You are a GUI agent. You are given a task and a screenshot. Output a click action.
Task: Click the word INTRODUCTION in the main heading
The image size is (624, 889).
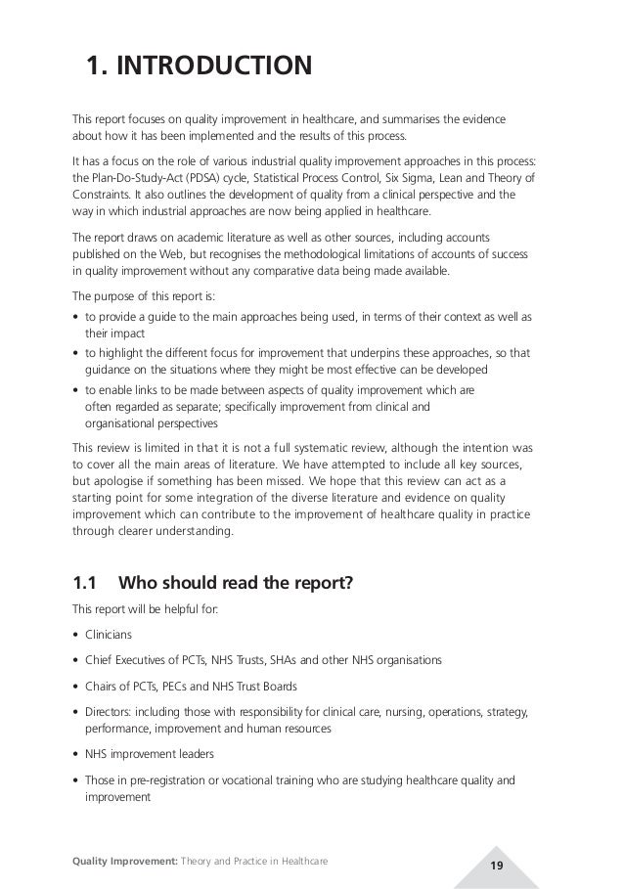point(214,67)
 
